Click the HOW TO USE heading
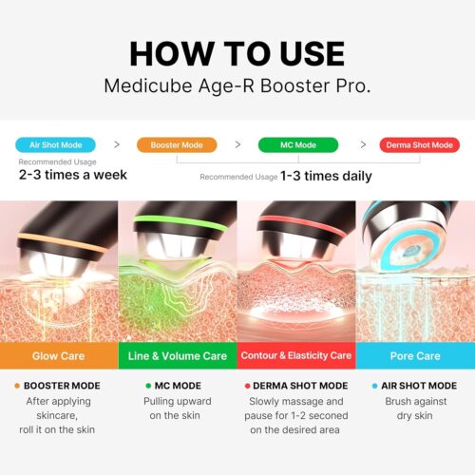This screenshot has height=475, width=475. point(237,53)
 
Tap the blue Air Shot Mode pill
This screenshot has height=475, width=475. point(56,145)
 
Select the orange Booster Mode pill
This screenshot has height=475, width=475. point(176,145)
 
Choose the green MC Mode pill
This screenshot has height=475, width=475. point(297,145)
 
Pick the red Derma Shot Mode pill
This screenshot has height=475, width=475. point(419,145)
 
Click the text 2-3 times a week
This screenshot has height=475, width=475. point(72,175)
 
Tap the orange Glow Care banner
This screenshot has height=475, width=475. point(59,355)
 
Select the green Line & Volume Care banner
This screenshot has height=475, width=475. point(178,355)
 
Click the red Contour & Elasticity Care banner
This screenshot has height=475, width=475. point(296,355)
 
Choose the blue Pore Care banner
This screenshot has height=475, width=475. point(415,355)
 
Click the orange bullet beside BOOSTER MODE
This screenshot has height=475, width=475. point(17,386)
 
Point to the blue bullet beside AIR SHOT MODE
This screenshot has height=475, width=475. point(374,386)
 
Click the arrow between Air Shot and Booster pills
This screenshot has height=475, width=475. point(117,145)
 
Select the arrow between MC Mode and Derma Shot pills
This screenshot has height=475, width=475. point(362,145)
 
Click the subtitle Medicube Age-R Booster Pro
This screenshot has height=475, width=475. point(237,86)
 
